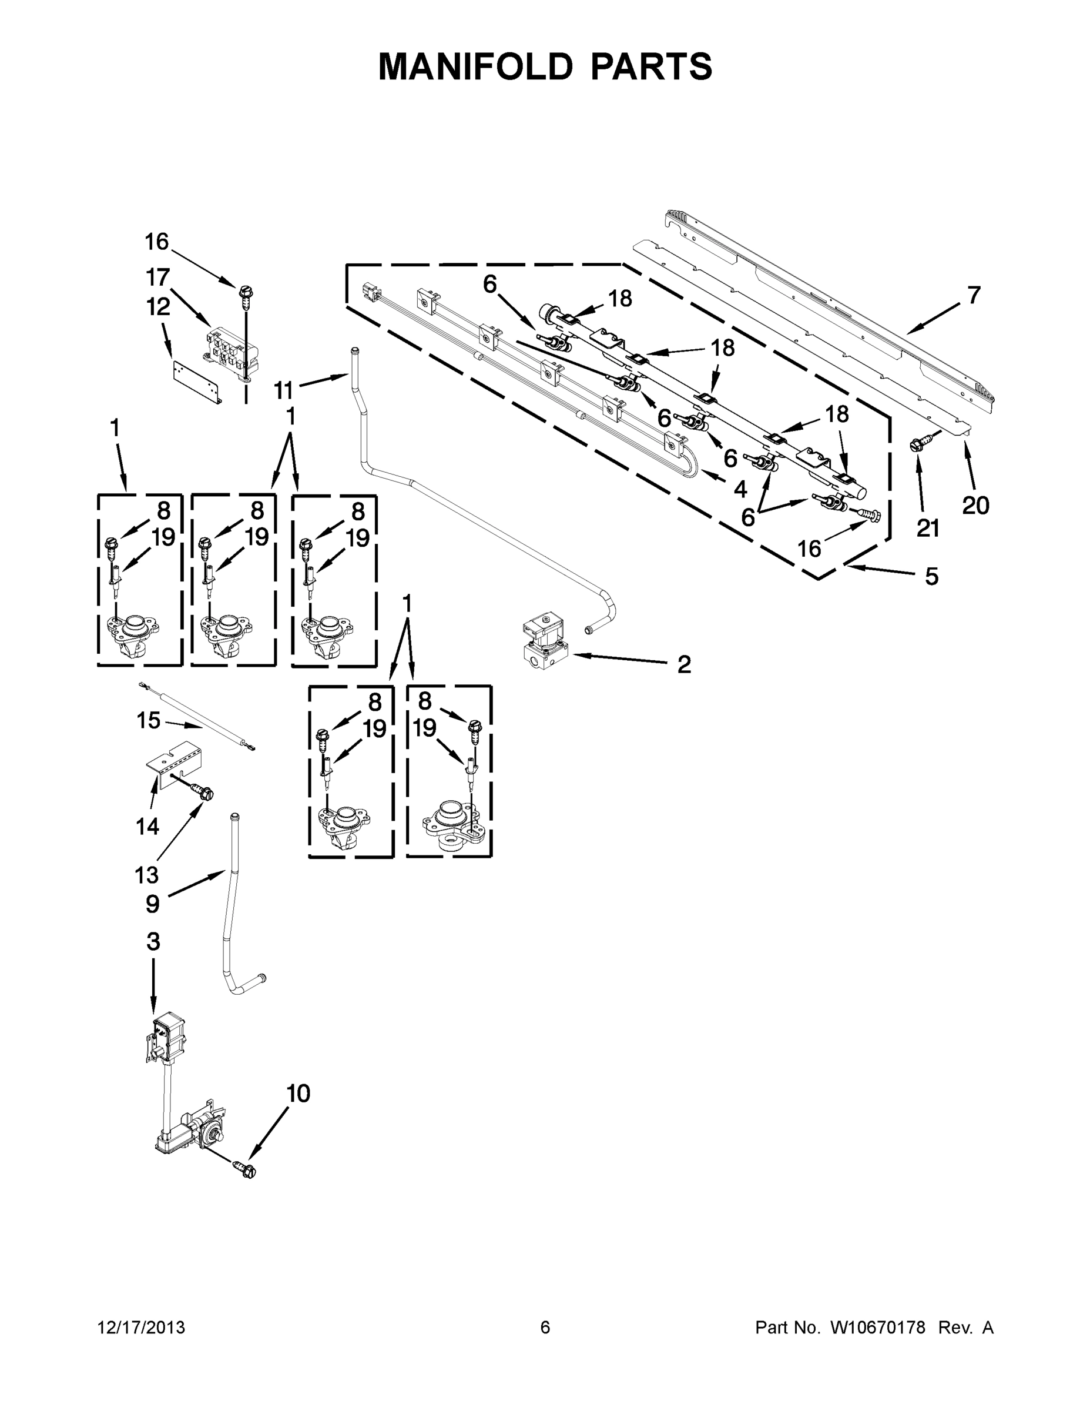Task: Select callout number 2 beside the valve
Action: pos(684,664)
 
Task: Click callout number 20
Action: pos(975,505)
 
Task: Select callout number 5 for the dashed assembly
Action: pos(931,576)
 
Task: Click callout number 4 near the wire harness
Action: pos(740,489)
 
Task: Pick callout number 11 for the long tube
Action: pos(283,390)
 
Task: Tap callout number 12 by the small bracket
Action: pos(157,307)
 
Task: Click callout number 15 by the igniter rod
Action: pos(148,720)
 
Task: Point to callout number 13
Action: pos(146,875)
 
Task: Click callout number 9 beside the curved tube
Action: pos(152,904)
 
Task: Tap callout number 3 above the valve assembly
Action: pos(153,942)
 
